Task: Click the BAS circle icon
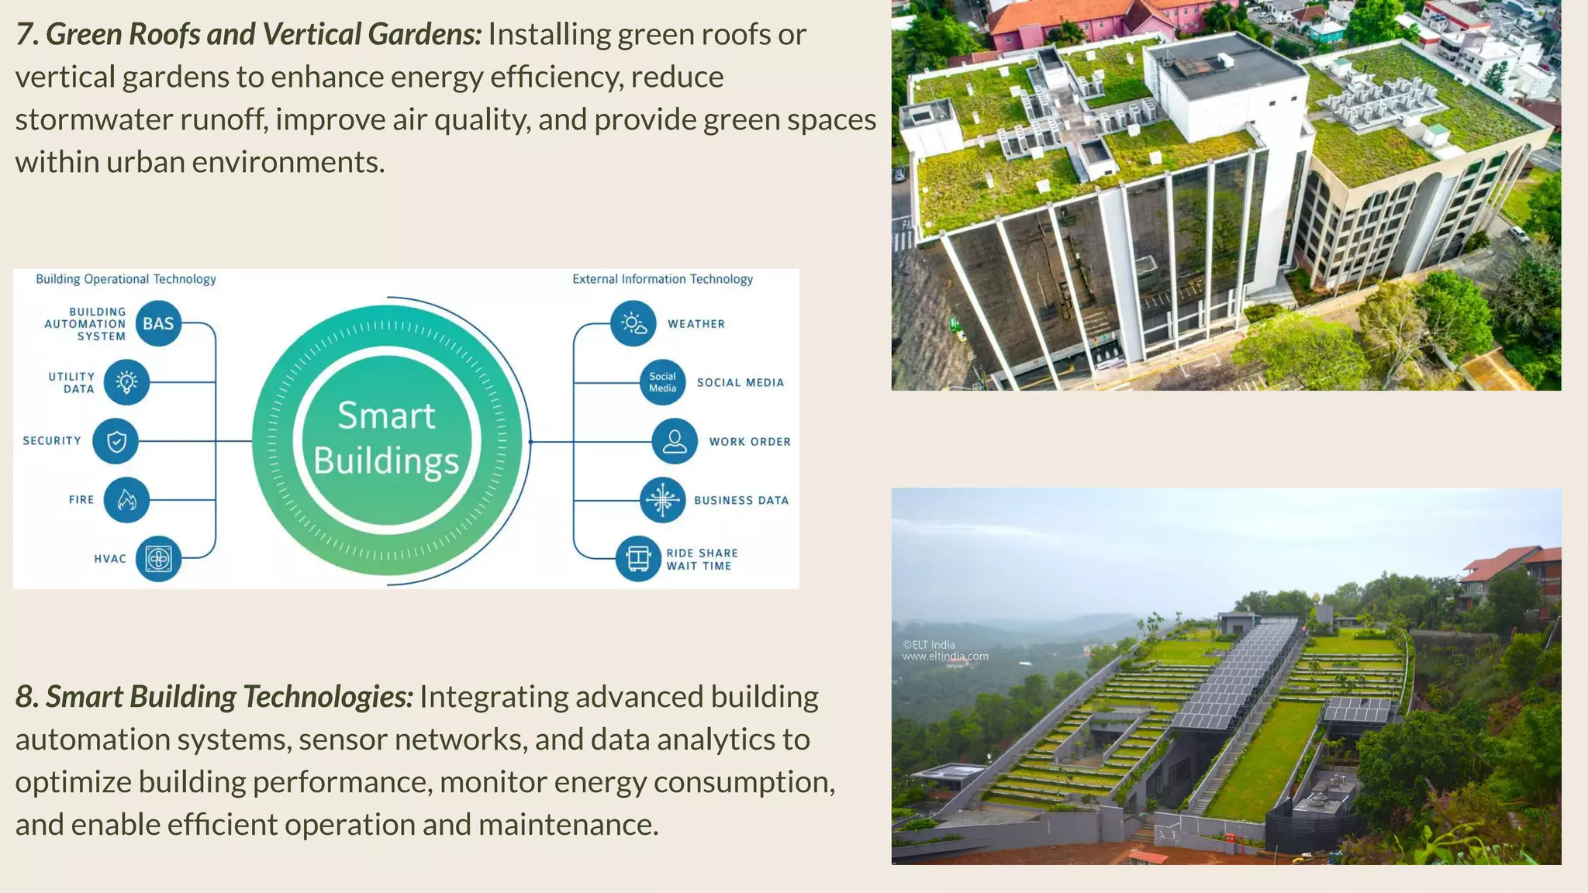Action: [x=158, y=323]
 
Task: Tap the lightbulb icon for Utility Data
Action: [x=126, y=382]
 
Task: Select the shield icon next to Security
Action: [x=116, y=441]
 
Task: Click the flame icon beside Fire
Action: [x=126, y=500]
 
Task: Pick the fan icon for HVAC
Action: [x=158, y=559]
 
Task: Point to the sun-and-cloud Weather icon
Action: [x=633, y=323]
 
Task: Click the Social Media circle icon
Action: [x=662, y=382]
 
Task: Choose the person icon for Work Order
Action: [x=675, y=441]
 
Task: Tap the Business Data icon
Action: [x=662, y=500]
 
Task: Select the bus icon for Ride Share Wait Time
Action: [x=638, y=558]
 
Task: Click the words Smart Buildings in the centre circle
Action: [x=386, y=438]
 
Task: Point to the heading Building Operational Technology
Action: [x=126, y=279]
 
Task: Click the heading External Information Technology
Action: [x=662, y=279]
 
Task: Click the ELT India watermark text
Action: [x=944, y=650]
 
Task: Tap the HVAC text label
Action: [x=110, y=559]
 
